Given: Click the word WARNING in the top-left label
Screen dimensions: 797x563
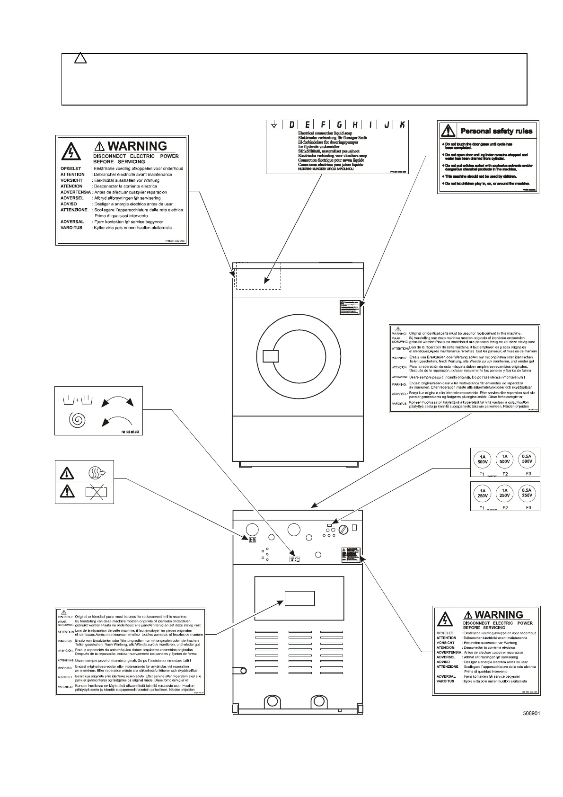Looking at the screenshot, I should tap(137, 146).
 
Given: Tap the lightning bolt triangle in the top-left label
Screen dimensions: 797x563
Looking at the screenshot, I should tap(70, 152).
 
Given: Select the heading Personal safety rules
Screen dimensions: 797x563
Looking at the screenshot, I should tap(496, 131).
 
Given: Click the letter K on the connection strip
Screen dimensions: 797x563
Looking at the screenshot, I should tap(402, 125).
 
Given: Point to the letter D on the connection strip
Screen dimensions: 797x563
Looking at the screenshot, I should tap(291, 125).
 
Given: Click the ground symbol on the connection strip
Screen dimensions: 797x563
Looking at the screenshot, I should tap(273, 125).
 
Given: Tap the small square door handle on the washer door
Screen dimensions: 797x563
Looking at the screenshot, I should tap(270, 356).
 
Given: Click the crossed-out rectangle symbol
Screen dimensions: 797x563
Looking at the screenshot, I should tap(96, 493).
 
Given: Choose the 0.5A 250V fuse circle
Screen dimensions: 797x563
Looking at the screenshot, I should tap(527, 493).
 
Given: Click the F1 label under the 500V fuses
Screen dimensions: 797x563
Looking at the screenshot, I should tap(482, 473).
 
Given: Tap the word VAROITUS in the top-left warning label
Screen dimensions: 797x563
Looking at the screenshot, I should tap(71, 228).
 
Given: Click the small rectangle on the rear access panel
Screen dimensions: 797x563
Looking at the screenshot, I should tap(299, 598).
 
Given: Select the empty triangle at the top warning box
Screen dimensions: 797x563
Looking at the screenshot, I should tap(80, 60).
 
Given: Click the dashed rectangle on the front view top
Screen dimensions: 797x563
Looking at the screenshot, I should tap(258, 275).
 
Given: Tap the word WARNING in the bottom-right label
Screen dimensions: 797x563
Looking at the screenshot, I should tap(498, 615).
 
